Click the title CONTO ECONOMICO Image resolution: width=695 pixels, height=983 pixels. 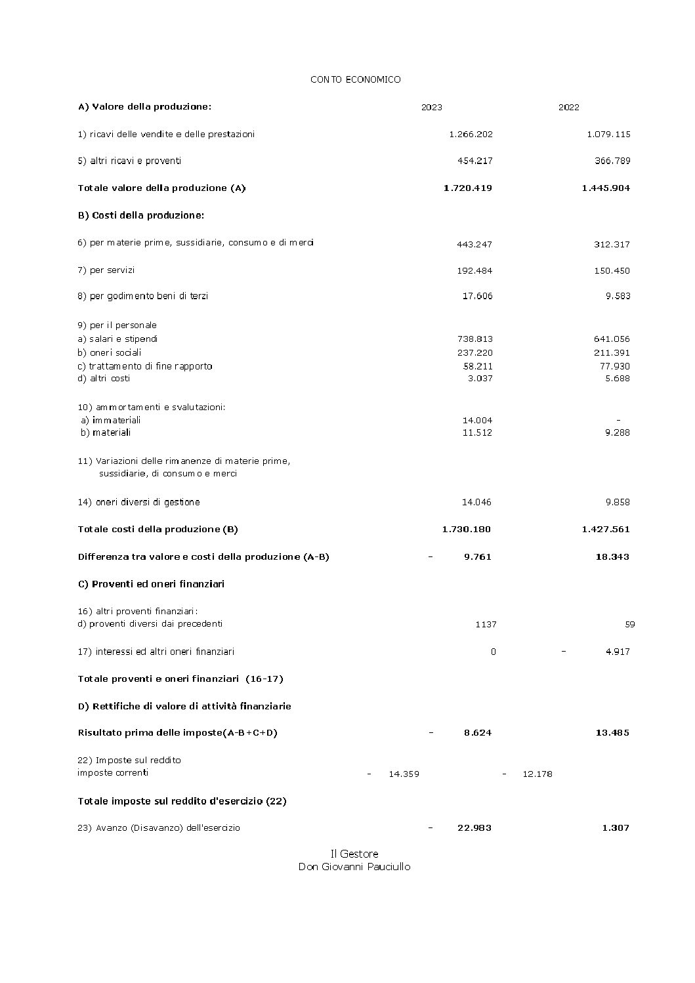[355, 79]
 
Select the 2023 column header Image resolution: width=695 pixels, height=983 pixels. [431, 108]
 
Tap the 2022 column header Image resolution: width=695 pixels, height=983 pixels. [568, 108]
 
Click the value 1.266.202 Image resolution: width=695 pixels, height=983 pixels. [471, 135]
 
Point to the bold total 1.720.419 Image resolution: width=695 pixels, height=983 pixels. [467, 188]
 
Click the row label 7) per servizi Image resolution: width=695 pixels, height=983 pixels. [106, 270]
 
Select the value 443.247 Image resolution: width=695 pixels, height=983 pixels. [474, 245]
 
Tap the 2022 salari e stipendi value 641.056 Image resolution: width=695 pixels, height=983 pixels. [612, 339]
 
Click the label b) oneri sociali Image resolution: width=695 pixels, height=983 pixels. [109, 352]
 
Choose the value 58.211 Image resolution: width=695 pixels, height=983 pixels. [477, 366]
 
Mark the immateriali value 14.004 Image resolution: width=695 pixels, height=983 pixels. [477, 420]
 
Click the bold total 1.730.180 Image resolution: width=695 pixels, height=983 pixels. [466, 530]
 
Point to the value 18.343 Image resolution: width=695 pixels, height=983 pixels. [612, 557]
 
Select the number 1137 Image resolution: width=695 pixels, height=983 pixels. [486, 625]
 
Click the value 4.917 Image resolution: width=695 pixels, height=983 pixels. [618, 652]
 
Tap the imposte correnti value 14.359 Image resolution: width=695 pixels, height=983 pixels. [404, 774]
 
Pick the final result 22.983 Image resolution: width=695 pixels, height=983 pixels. [474, 828]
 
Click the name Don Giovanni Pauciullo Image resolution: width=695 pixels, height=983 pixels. [354, 867]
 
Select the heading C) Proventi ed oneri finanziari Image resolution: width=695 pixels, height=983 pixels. [151, 584]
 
